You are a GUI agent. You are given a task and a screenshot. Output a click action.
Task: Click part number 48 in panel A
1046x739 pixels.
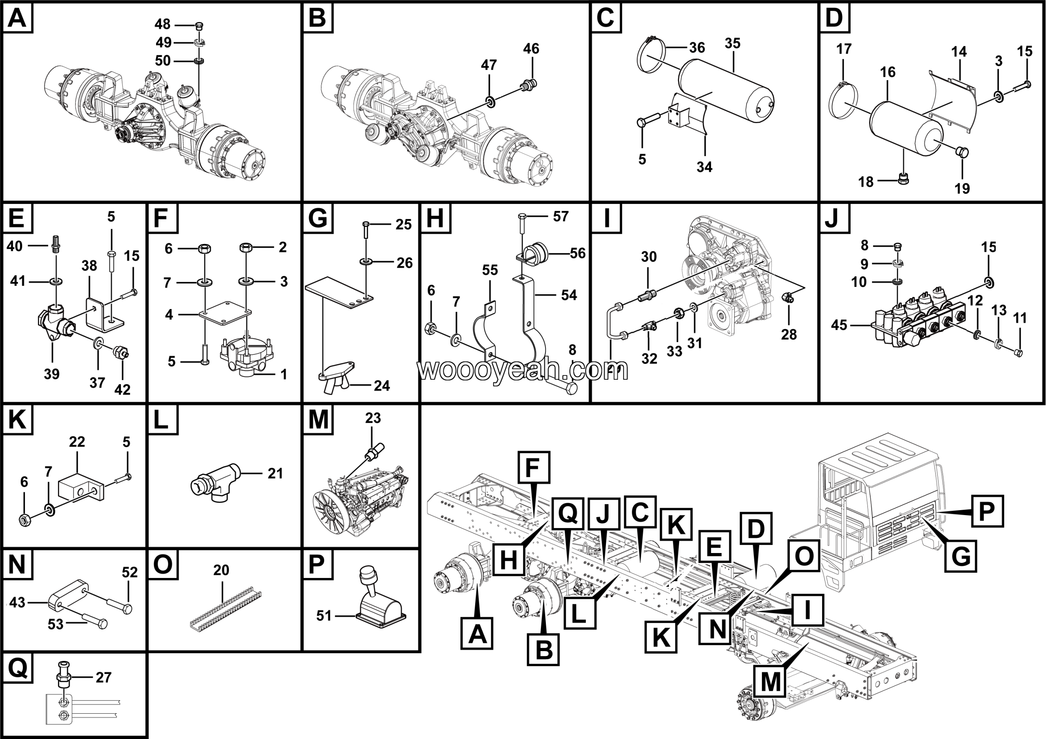pos(162,24)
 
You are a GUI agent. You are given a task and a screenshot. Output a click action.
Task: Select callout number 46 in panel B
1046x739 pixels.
pos(531,49)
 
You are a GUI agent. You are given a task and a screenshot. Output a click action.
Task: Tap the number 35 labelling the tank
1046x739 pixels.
pos(732,44)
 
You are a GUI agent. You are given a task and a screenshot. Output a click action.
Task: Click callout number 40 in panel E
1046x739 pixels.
pos(15,246)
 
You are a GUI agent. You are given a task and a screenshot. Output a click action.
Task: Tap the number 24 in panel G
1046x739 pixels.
pos(382,386)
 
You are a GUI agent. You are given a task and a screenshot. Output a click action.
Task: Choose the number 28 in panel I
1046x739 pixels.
pos(789,334)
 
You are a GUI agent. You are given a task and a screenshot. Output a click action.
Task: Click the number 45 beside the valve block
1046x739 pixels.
pos(839,325)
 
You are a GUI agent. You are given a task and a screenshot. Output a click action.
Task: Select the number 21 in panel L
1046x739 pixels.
pos(275,473)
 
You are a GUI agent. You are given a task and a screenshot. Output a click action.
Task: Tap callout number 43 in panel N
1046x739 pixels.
pos(17,602)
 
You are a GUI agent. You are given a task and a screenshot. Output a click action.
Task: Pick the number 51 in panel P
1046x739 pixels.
pos(324,616)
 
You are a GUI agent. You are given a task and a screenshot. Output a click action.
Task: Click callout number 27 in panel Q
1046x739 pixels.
pos(103,678)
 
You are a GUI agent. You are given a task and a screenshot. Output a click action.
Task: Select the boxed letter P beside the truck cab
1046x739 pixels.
pos(986,511)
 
